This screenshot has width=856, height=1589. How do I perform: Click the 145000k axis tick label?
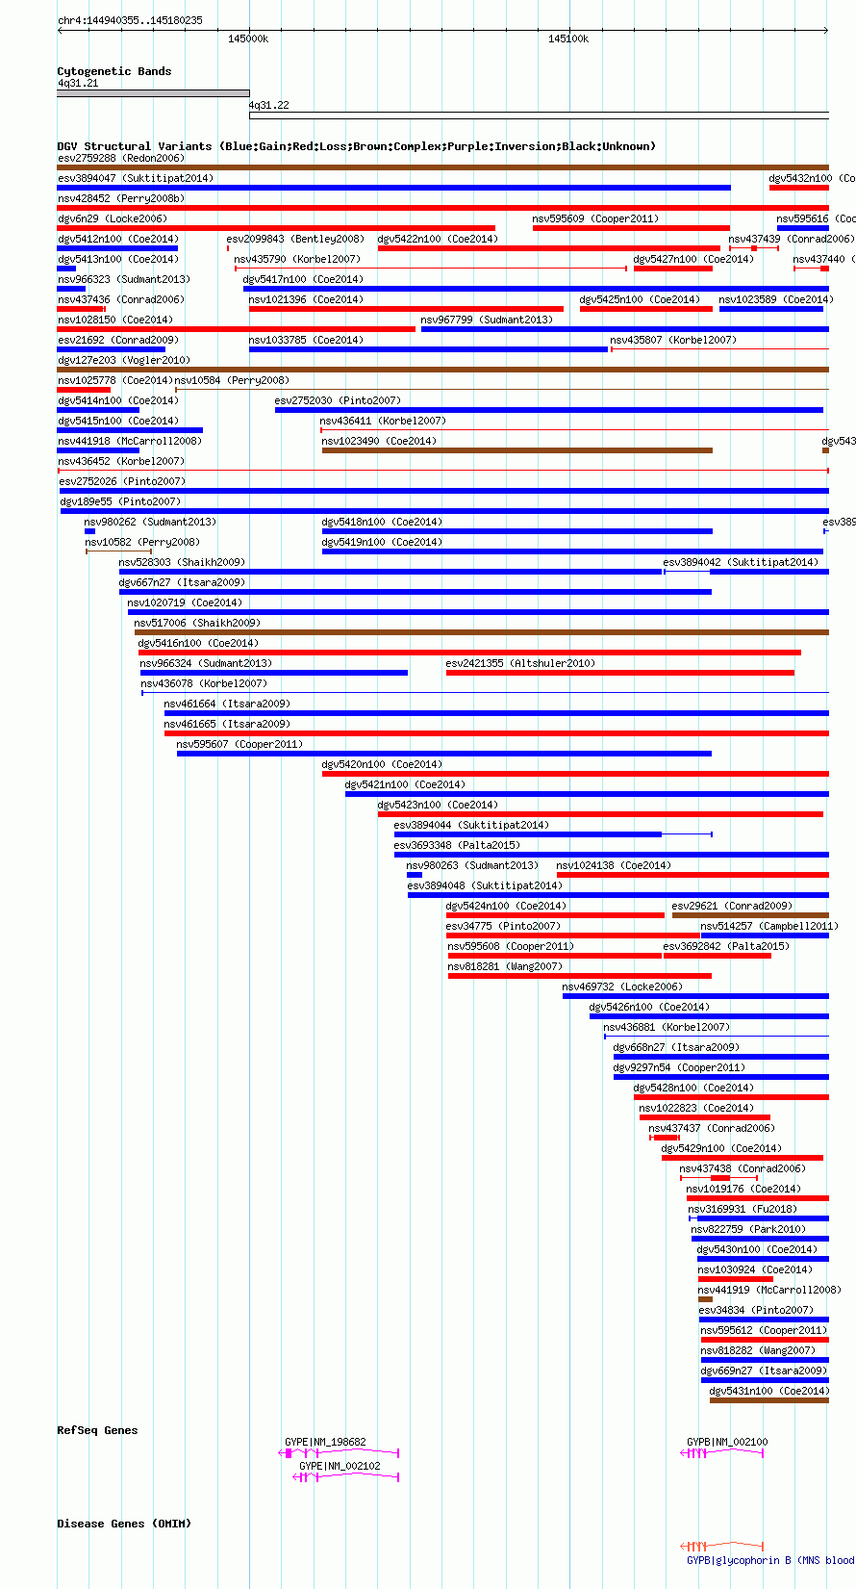[x=248, y=38]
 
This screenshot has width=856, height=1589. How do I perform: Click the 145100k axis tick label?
[x=568, y=38]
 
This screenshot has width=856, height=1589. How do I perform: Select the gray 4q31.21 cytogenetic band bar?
[x=153, y=94]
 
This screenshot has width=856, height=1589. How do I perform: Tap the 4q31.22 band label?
[x=268, y=105]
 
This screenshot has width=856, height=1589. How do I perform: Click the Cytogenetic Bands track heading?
[x=113, y=71]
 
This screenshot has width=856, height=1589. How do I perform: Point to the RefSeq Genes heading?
[x=97, y=1430]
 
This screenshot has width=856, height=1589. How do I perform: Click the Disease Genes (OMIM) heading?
[x=124, y=1524]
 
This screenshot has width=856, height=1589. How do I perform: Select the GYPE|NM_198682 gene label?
[x=325, y=1442]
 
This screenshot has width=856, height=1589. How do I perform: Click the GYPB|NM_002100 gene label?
[x=727, y=1442]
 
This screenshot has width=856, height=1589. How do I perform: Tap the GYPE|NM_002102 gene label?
[x=340, y=1466]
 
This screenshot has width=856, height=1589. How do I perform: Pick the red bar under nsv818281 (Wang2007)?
[x=579, y=976]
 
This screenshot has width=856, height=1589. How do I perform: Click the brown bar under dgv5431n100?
[x=768, y=1400]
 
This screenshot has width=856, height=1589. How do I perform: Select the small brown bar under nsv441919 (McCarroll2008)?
[x=705, y=1299]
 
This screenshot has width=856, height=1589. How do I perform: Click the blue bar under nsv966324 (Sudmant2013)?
[x=273, y=673]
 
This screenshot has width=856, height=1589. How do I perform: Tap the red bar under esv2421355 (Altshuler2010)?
[x=619, y=673]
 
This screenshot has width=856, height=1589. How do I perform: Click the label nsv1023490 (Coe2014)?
[x=379, y=441]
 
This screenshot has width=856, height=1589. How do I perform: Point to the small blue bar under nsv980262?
[x=89, y=531]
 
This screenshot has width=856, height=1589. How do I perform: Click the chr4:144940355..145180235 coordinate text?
[x=130, y=20]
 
